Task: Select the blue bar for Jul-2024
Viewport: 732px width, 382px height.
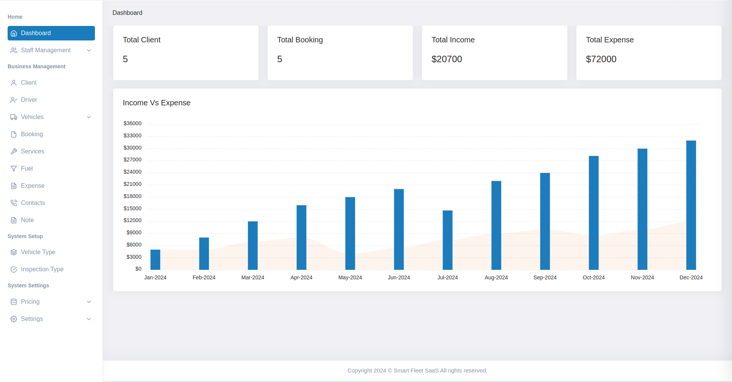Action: pyautogui.click(x=448, y=240)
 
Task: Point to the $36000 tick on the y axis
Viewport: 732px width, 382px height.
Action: pyautogui.click(x=132, y=123)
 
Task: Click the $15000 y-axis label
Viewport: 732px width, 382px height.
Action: pyautogui.click(x=132, y=208)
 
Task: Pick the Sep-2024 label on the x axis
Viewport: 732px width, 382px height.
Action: pyautogui.click(x=545, y=277)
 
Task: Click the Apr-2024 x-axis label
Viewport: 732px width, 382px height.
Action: pyautogui.click(x=301, y=277)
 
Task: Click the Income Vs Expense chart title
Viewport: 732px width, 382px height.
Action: pyautogui.click(x=156, y=103)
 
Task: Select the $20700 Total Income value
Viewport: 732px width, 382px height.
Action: pyautogui.click(x=446, y=59)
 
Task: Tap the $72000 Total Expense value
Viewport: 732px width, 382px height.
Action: pyautogui.click(x=601, y=59)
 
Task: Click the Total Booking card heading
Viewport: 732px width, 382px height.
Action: pyautogui.click(x=300, y=40)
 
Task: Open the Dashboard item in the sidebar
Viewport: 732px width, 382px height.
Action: pyautogui.click(x=51, y=33)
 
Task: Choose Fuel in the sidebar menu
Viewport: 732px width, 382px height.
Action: pyautogui.click(x=27, y=168)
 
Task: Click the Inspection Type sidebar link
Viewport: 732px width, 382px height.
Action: pyautogui.click(x=42, y=269)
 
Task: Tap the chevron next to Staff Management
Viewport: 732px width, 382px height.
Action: pyautogui.click(x=89, y=50)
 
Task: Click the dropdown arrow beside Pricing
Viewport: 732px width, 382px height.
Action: pyautogui.click(x=89, y=302)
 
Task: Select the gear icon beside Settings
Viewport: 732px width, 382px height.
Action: pyautogui.click(x=14, y=319)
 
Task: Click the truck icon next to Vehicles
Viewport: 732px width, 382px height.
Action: pyautogui.click(x=14, y=117)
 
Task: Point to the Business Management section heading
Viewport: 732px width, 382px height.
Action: pyautogui.click(x=37, y=66)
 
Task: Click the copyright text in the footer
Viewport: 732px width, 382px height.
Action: pyautogui.click(x=417, y=371)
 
